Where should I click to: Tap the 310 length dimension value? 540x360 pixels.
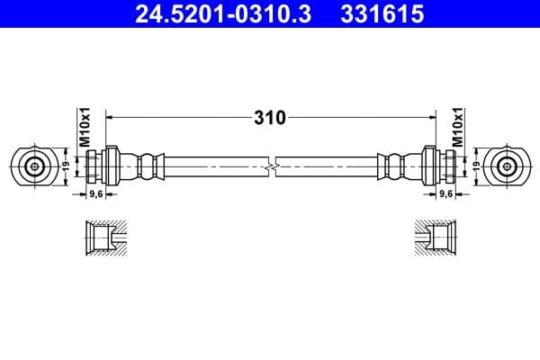click(269, 117)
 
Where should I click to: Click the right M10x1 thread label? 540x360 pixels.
click(457, 127)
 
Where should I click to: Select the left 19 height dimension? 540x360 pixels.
click(67, 166)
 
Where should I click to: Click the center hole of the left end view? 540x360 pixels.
click(35, 166)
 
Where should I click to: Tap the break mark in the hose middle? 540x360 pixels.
click(270, 166)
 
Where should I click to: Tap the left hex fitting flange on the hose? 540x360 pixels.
click(112, 166)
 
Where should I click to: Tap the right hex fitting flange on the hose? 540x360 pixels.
click(428, 166)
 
